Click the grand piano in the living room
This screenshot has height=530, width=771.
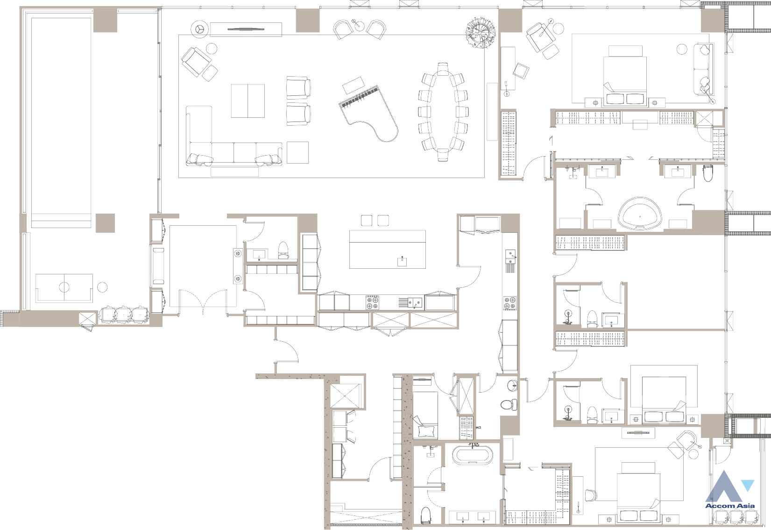tap(368, 114)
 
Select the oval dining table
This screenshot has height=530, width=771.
tap(443, 111)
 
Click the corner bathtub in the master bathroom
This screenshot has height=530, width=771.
tap(640, 213)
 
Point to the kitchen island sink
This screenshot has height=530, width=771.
tap(402, 261)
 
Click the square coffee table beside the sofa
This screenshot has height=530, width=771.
tap(298, 152)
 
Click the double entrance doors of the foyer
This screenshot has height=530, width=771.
tap(203, 302)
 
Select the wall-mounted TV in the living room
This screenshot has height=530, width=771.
tap(246, 29)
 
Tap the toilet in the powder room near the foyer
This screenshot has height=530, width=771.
tap(283, 250)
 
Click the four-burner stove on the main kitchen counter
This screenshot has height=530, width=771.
tap(372, 303)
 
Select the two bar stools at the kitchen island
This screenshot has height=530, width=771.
tap(375, 220)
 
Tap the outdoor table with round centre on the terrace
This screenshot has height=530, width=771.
tap(64, 287)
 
